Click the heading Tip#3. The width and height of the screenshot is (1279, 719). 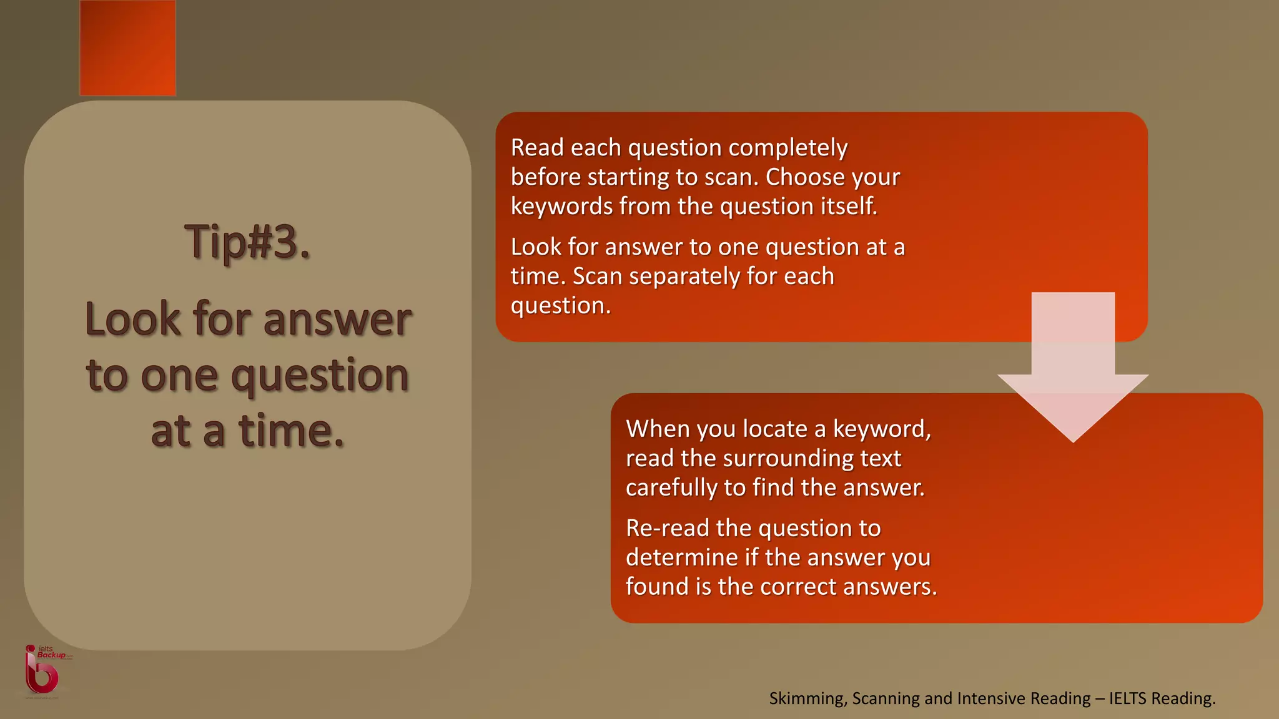247,242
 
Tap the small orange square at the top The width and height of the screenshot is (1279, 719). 128,48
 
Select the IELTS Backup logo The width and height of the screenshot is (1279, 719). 44,671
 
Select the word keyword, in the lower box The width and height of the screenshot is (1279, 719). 882,429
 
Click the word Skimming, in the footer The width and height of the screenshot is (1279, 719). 808,698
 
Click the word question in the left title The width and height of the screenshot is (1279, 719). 320,376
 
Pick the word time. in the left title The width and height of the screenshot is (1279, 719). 291,431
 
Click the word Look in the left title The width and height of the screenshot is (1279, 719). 132,320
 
